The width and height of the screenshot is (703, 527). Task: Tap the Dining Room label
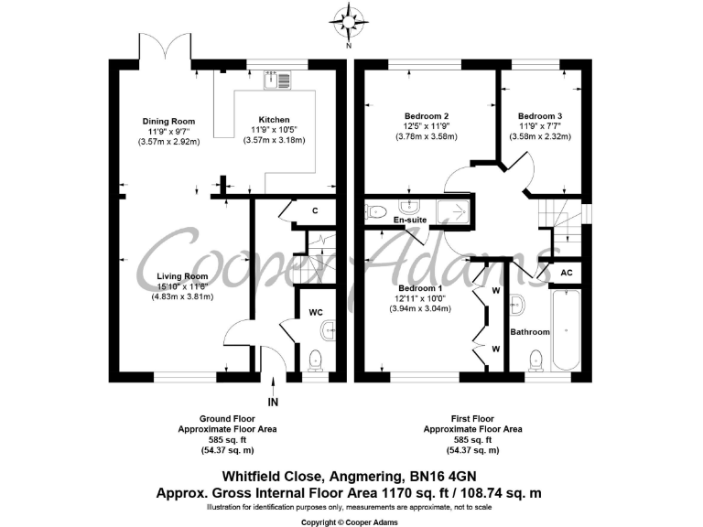169,121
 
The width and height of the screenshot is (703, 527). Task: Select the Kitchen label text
275,120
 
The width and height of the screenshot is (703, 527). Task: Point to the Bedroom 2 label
427,116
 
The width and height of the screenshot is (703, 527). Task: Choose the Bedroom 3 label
540,116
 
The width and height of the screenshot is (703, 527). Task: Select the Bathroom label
530,331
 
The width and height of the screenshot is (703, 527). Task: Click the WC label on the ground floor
315,312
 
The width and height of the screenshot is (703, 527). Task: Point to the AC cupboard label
566,273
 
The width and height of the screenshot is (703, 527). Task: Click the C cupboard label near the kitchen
315,211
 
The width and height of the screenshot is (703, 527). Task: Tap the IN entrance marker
272,402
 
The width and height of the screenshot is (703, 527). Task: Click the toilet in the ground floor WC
316,358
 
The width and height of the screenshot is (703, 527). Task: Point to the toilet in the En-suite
376,210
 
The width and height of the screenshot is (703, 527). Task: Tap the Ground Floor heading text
227,419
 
